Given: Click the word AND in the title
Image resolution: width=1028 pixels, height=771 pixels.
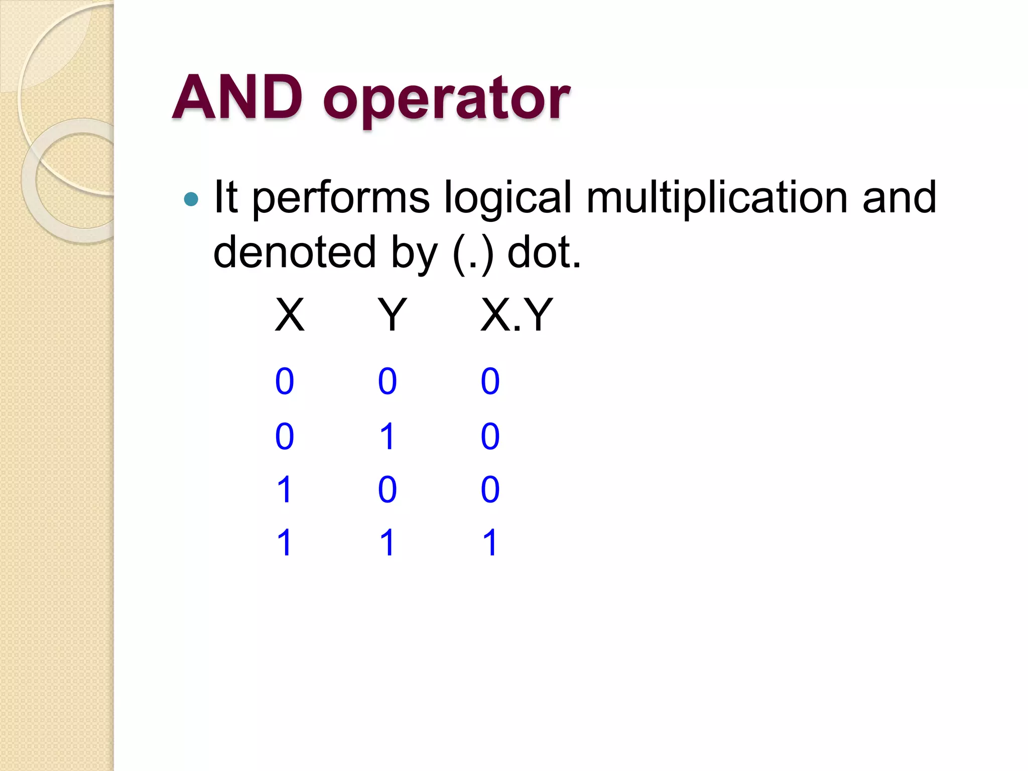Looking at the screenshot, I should (x=237, y=97).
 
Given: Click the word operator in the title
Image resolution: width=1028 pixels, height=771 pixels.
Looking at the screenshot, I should (x=446, y=100).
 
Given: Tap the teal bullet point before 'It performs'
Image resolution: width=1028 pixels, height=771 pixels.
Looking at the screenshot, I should (x=191, y=199).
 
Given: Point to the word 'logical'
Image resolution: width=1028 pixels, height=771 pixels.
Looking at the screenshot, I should (x=507, y=199).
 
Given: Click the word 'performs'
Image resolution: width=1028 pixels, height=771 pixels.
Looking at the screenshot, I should (x=341, y=199).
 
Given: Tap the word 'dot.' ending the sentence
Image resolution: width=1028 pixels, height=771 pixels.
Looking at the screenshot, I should (x=544, y=251).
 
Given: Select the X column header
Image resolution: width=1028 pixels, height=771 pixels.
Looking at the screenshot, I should (x=290, y=315).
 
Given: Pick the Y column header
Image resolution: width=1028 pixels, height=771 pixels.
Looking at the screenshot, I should (x=392, y=315).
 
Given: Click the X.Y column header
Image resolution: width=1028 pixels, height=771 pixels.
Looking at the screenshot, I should (x=517, y=315).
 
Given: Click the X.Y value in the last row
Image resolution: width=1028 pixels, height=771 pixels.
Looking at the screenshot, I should (x=490, y=543).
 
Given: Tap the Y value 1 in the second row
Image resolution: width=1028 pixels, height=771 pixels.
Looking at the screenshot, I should (x=388, y=436).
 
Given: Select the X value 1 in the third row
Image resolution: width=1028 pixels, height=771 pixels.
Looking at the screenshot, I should (x=285, y=489).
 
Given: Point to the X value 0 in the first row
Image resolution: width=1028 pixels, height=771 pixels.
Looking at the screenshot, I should (x=285, y=381).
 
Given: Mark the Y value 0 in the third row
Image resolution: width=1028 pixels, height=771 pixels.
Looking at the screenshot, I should (x=388, y=489).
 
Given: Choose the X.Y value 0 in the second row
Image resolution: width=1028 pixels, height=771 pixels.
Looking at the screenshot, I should (x=490, y=436).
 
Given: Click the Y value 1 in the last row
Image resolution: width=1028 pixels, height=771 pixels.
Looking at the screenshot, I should (x=388, y=543).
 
